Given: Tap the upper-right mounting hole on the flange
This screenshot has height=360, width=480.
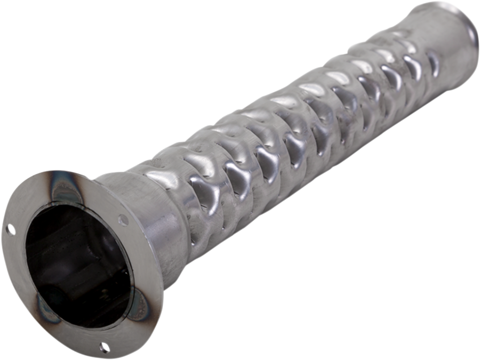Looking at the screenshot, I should coord(122,218).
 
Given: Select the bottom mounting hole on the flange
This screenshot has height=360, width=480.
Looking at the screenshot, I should coord(104,345).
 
